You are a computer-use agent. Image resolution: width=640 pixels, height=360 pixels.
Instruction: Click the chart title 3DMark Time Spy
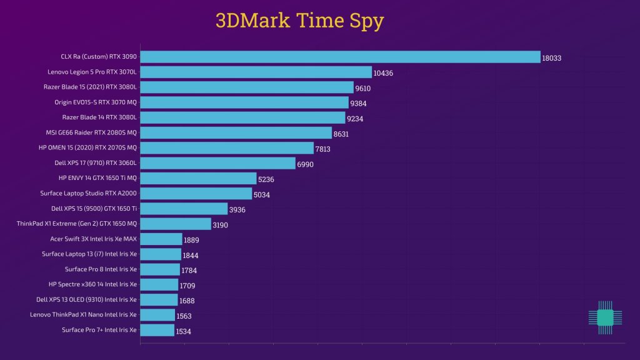coord(299,20)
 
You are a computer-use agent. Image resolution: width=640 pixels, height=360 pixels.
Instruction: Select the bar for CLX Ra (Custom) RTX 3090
coord(340,57)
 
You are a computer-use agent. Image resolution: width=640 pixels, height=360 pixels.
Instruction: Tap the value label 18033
coord(552,58)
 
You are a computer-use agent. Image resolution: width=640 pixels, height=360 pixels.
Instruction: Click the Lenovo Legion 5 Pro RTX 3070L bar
coord(256,72)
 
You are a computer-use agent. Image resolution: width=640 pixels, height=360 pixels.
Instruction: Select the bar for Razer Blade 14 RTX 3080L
coord(242,117)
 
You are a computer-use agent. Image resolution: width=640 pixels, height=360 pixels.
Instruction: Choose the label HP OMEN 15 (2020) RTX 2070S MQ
coord(87,147)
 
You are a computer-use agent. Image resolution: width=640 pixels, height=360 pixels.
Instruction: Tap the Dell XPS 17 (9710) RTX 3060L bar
coord(217,163)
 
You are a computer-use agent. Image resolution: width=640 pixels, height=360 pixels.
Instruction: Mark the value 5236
coord(266,179)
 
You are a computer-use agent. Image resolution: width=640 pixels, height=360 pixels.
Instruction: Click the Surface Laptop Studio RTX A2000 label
coord(88,193)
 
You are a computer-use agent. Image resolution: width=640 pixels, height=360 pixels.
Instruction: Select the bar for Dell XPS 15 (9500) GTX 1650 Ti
coord(184,209)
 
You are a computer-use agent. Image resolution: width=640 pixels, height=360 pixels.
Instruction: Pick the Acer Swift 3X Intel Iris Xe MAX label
coord(93,239)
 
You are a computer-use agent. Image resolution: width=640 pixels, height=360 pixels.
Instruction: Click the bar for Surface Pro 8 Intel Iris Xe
coord(160,269)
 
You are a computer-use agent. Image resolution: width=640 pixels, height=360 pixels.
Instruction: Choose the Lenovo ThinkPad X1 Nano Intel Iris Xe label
coord(83,314)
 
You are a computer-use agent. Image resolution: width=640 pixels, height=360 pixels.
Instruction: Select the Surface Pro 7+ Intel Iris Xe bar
coord(157,330)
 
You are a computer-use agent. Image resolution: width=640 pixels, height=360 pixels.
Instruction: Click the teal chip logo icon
coord(605,317)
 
